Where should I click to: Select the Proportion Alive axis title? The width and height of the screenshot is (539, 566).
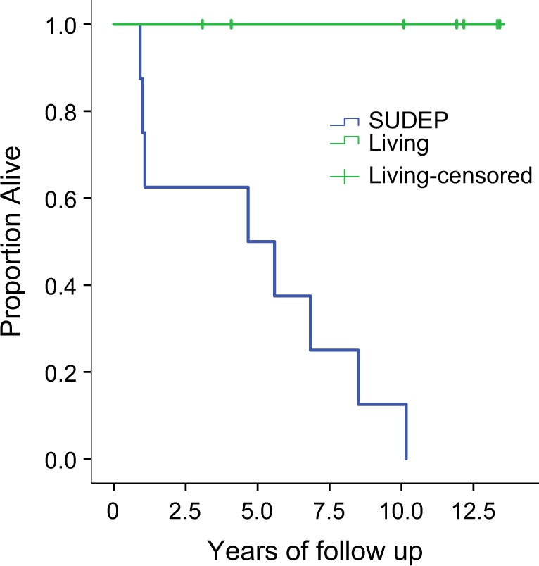[18, 241]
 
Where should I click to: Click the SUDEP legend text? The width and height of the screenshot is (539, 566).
[410, 122]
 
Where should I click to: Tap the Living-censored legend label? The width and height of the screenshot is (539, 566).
[450, 175]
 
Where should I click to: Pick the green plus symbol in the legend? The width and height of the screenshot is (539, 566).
[345, 176]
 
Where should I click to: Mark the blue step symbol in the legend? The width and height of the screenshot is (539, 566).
[345, 122]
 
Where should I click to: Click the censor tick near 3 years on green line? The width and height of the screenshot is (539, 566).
[202, 25]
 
